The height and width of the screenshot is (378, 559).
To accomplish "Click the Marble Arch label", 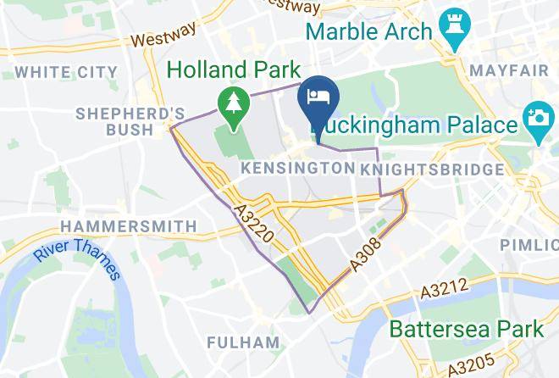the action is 369,33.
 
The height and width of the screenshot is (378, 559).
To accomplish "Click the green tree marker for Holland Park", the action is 230,103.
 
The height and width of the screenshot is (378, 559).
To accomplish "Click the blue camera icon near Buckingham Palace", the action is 537,124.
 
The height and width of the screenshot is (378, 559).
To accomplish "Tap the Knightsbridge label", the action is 432,170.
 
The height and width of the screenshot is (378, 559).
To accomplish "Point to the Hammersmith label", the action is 129,226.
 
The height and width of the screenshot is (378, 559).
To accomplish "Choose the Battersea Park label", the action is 466,328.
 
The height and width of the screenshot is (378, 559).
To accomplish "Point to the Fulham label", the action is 243,342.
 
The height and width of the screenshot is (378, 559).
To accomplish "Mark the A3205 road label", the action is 470,365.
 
